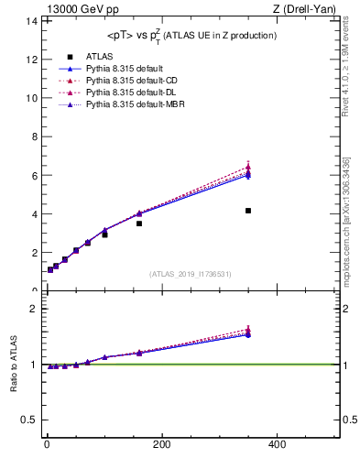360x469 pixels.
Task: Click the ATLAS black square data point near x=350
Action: (x=248, y=211)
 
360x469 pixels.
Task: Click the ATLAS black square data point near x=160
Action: (x=139, y=224)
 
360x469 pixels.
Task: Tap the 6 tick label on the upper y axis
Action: (x=34, y=175)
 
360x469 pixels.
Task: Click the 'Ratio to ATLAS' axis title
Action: (x=14, y=365)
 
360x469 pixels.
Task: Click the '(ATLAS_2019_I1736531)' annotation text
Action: (x=191, y=274)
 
